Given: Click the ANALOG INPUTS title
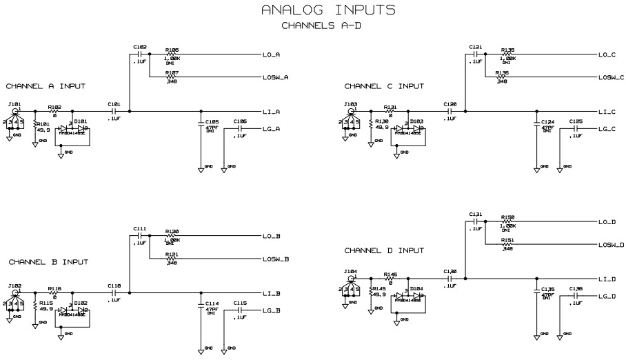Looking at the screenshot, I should pyautogui.click(x=328, y=10).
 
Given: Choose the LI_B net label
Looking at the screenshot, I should pyautogui.click(x=271, y=293).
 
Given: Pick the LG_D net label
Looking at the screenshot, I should pyautogui.click(x=607, y=296).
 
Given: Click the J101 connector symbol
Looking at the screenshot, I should pyautogui.click(x=15, y=111).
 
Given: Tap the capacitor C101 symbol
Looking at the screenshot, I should pyautogui.click(x=114, y=111).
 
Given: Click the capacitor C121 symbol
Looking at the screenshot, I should pyautogui.click(x=475, y=54).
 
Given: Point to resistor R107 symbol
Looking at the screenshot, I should pyautogui.click(x=172, y=77).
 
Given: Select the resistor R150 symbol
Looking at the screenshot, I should pyautogui.click(x=507, y=222).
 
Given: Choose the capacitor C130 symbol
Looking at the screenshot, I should pyautogui.click(x=451, y=279).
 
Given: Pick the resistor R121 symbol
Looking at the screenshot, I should pyautogui.click(x=172, y=259).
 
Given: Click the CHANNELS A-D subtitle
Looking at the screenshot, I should pyautogui.click(x=322, y=26).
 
